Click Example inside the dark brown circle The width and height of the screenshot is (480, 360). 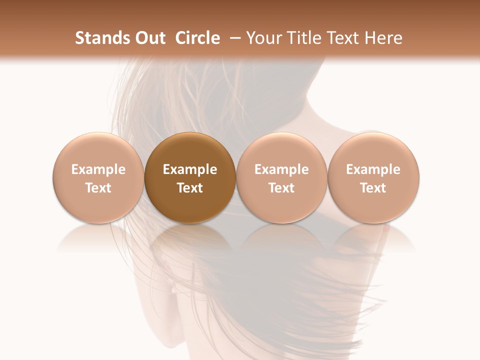tap(190, 169)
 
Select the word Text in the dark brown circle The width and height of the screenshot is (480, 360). tap(190, 188)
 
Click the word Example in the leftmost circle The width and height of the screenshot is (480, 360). tap(98, 169)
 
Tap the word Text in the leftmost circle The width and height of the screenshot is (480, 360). tap(98, 188)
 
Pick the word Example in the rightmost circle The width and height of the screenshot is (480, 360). tap(373, 169)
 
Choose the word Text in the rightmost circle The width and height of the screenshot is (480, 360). tap(373, 188)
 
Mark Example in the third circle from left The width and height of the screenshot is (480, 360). tap(281, 169)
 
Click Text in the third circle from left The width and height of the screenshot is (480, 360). tap(281, 188)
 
